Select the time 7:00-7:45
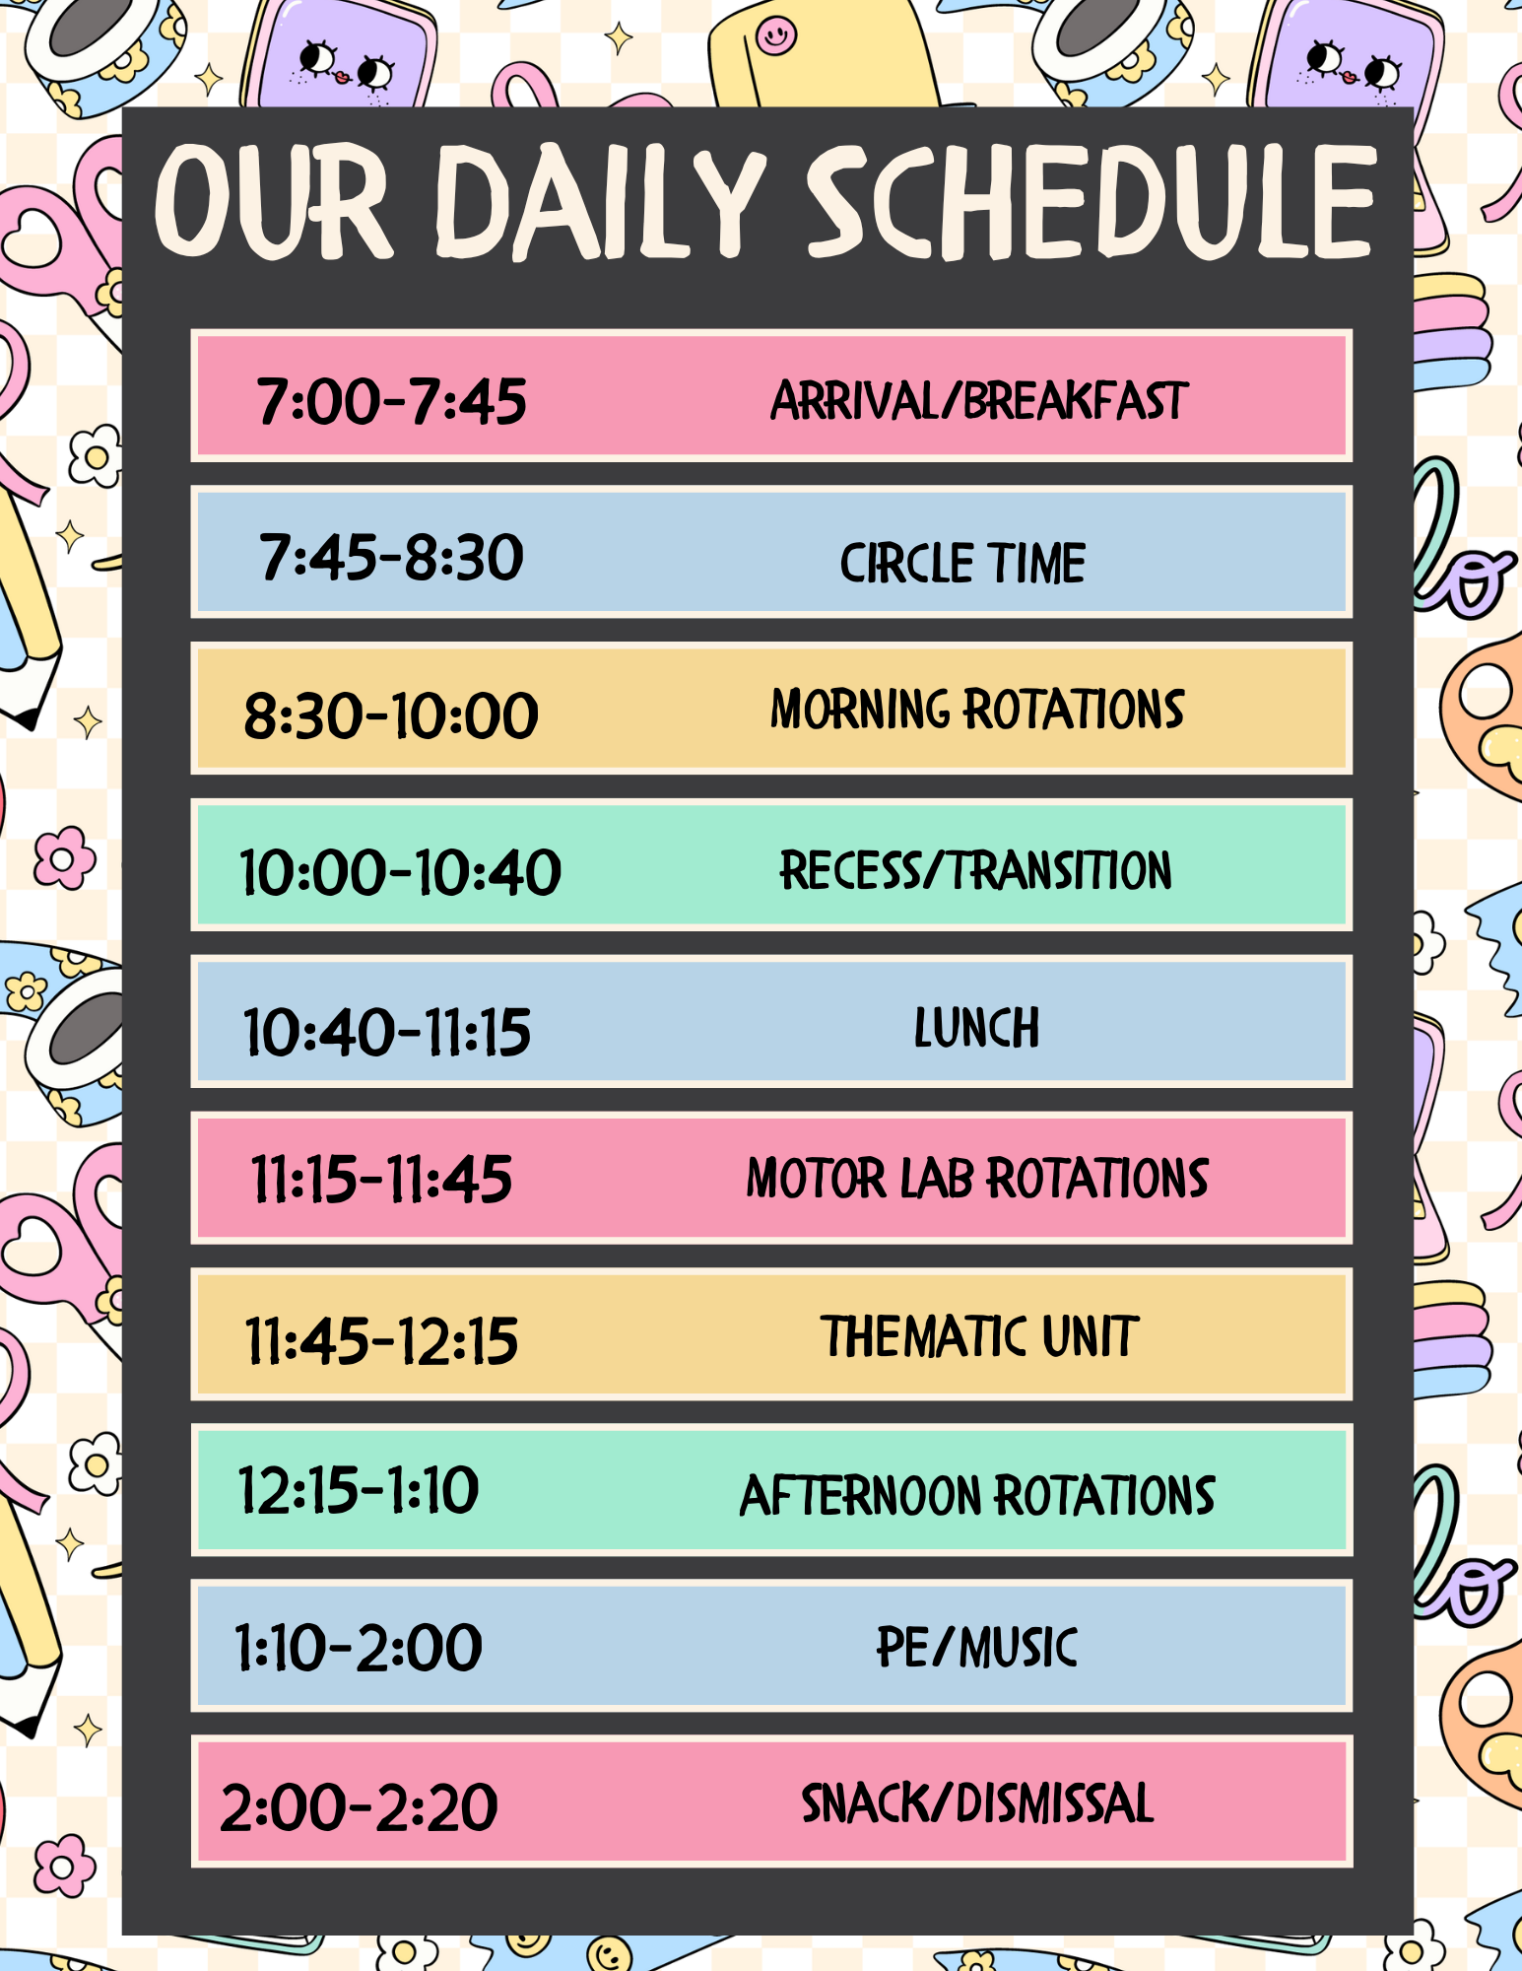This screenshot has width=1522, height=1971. [392, 402]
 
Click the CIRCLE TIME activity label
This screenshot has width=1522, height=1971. [962, 563]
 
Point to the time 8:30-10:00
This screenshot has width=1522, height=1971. [391, 714]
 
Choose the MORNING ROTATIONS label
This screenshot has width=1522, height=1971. [977, 710]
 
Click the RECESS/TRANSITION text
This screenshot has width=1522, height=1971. [976, 870]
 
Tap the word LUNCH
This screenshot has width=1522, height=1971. [976, 1027]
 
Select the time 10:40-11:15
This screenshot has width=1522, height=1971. [387, 1032]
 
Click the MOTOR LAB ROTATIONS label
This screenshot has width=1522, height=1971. [977, 1178]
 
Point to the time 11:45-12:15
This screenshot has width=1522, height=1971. [381, 1340]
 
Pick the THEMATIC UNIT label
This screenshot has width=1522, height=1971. [980, 1336]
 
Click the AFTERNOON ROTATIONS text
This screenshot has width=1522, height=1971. [977, 1495]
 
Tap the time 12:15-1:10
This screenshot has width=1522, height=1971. [359, 1489]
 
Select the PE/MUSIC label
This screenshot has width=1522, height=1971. [977, 1647]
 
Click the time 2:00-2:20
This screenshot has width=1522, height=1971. [359, 1807]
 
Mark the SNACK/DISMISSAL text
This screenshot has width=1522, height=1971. [977, 1802]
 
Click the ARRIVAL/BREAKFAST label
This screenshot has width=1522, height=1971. [979, 400]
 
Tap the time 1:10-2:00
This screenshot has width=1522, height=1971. [359, 1647]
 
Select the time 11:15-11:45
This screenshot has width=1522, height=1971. [381, 1179]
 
